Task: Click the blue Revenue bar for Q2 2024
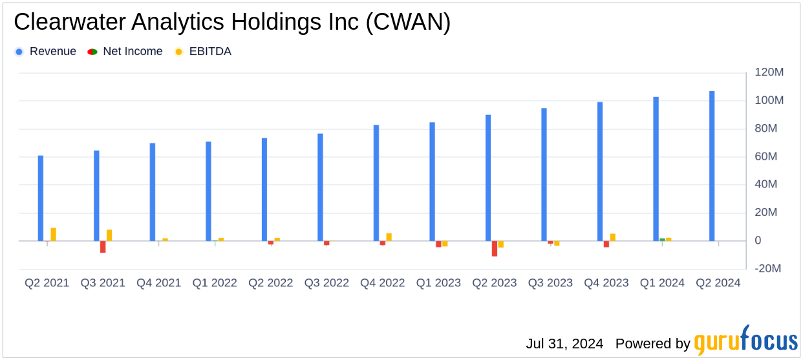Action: coord(712,166)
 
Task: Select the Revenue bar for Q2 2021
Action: coord(41,198)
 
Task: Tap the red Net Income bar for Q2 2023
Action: coord(495,248)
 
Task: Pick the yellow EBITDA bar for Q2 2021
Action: coord(53,235)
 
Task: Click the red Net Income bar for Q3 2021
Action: coord(103,247)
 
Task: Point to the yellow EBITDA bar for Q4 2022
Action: coord(389,237)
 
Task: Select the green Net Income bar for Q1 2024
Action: coord(662,240)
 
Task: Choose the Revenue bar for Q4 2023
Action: coord(600,171)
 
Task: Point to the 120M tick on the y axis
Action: coord(769,72)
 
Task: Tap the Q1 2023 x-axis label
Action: coord(438,283)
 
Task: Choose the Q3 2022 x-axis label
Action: coord(327,283)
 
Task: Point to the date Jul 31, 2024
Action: coord(564,343)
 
